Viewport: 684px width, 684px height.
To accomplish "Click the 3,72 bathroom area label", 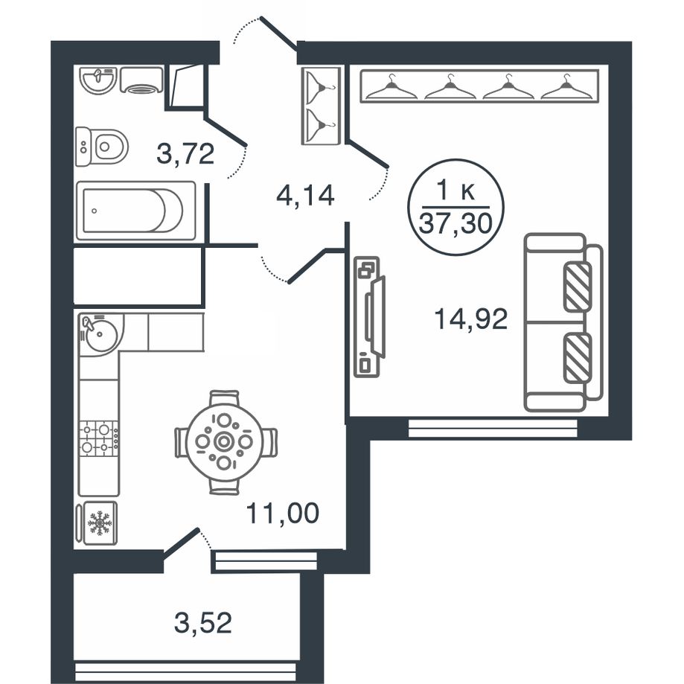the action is click(185, 154).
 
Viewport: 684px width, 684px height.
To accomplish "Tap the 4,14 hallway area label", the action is click(305, 196).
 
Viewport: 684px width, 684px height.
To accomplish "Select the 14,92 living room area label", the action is click(470, 319).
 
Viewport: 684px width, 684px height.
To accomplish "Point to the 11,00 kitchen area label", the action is click(282, 513).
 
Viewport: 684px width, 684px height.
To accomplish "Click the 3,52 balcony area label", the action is click(203, 622).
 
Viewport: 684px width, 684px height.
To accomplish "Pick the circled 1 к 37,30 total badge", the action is click(456, 207).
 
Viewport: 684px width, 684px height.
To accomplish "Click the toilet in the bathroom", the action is click(102, 147).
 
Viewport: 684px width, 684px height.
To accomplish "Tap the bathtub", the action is click(135, 211).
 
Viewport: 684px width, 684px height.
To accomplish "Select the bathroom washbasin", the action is click(98, 80).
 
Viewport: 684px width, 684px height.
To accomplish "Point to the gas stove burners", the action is click(99, 438).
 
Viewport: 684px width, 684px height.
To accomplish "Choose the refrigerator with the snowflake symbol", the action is click(97, 522).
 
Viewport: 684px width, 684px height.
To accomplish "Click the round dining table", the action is click(224, 441).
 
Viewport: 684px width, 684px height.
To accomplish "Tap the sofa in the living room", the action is click(563, 322).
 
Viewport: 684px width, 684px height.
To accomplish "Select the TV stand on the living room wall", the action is click(369, 317).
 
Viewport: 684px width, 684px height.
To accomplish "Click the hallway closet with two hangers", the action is click(321, 106).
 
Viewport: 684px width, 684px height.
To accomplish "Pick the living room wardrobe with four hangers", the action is click(479, 86).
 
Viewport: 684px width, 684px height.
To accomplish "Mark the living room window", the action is click(493, 428).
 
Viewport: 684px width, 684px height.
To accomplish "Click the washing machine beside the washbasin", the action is click(141, 80).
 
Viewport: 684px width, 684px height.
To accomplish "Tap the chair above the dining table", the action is click(224, 398).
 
